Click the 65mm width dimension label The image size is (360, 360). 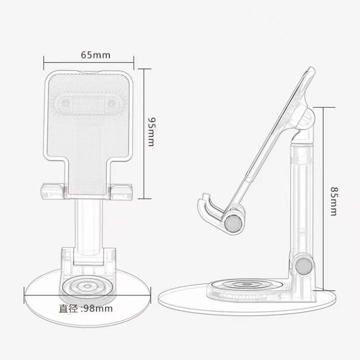coord(95,55)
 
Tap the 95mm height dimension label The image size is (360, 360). coord(152,132)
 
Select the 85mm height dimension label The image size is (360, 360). coord(334,201)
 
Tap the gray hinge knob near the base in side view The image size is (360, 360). coord(304,265)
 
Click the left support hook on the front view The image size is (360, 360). coord(53,191)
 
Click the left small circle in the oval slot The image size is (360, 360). coord(66,104)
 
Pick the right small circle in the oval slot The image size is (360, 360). coord(111,104)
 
